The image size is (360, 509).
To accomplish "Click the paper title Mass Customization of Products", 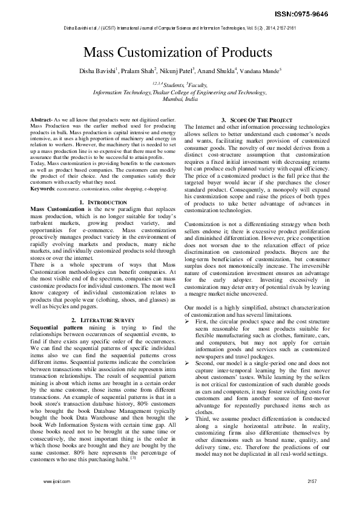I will click(177, 53).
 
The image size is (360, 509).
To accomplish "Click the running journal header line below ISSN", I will click(180, 28).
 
